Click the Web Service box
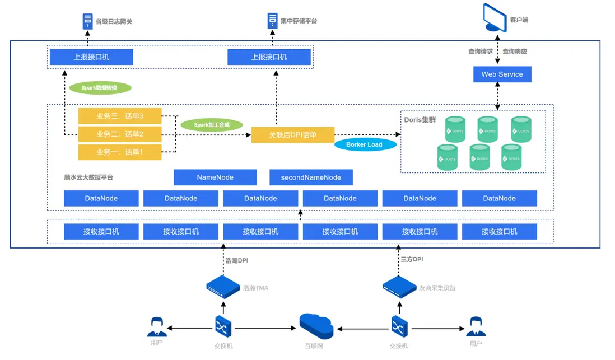coord(502,74)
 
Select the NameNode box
coord(215,177)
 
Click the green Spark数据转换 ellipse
coord(100,88)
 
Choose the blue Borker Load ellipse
coord(364,144)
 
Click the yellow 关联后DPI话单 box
coord(292,135)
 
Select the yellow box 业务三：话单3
coord(120,116)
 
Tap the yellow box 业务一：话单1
coord(120,152)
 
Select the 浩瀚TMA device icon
coord(223,287)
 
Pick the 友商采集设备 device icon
coord(400,287)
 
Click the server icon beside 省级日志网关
coord(87,21)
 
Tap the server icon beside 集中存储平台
coord(272,21)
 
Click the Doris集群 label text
coord(420,120)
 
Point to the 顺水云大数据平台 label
coord(88,177)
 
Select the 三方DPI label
coord(412,260)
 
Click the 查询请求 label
coord(481,52)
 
